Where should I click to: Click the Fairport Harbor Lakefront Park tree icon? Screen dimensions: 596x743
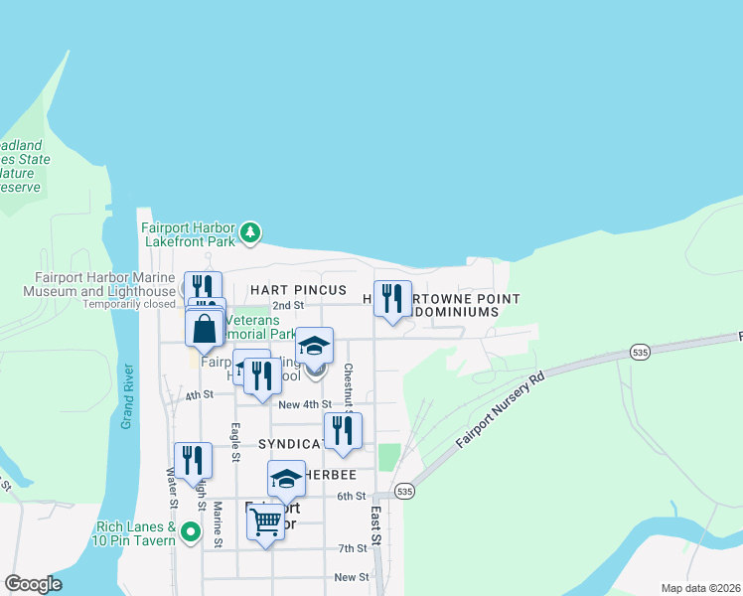[x=252, y=232]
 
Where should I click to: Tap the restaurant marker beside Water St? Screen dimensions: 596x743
[x=193, y=460]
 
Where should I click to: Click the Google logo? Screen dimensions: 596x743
[x=33, y=584]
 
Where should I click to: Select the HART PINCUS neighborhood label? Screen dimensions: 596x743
[x=298, y=290]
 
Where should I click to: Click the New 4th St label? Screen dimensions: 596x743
[x=305, y=404]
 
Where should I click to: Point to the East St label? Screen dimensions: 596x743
[x=376, y=525]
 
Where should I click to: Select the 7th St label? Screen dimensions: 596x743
[x=353, y=548]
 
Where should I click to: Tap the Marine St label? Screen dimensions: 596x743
[x=217, y=525]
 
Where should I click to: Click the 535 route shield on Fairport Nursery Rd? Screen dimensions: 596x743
[x=640, y=353]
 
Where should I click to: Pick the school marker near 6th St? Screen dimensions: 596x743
[x=286, y=479]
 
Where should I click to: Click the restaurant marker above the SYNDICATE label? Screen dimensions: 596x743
[x=343, y=430]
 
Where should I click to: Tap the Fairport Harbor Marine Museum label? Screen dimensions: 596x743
[x=104, y=284]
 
